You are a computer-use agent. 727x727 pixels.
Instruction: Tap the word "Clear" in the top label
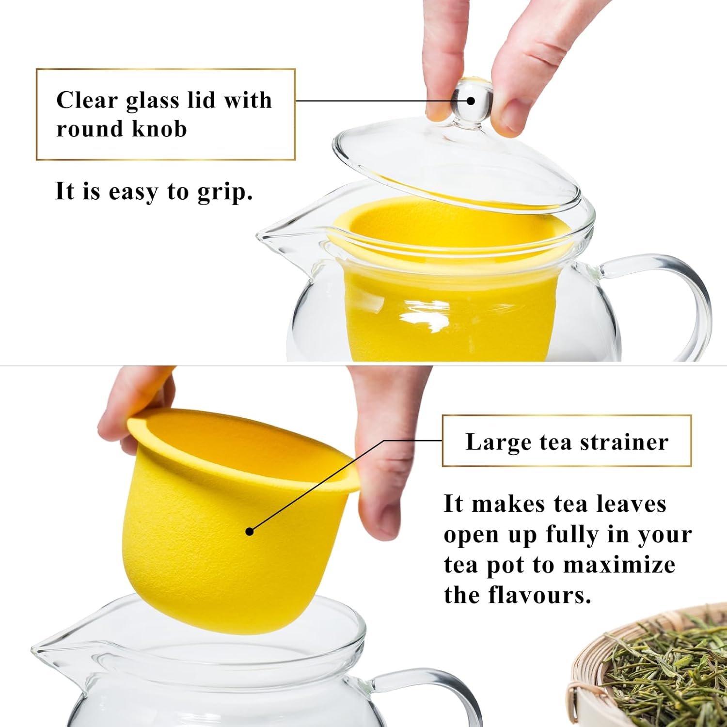pyautogui.click(x=87, y=100)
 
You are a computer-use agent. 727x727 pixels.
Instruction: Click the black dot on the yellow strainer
pyautogui.click(x=250, y=531)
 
